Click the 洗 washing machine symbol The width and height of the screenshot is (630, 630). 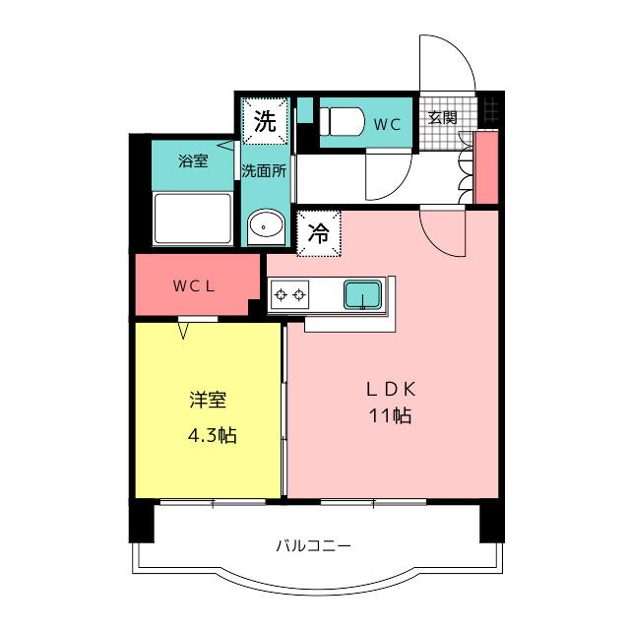[266, 121]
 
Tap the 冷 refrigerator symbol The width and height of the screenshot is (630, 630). [319, 233]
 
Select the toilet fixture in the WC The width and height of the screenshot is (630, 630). [339, 122]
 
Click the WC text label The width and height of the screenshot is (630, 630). [385, 123]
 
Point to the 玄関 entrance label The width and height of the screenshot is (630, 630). [442, 117]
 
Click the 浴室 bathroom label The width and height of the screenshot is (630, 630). [193, 160]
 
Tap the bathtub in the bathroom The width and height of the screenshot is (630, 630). [193, 217]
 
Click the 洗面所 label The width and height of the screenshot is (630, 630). [265, 170]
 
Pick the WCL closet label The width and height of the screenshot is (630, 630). [195, 286]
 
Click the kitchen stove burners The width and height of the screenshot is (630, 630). [290, 293]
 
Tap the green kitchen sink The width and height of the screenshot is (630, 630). [362, 293]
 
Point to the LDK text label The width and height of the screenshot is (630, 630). [390, 388]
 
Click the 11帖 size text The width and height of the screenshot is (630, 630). [390, 415]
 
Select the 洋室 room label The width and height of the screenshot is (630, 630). [209, 402]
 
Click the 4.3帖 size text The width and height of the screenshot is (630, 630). [212, 434]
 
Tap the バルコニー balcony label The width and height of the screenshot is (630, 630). [313, 545]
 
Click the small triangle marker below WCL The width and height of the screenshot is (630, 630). [183, 331]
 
